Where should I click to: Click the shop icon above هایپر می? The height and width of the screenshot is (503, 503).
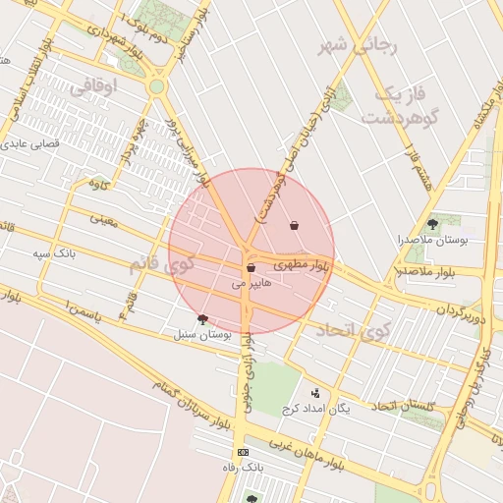pos(251,267)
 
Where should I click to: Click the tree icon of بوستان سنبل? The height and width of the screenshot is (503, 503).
pos(202,318)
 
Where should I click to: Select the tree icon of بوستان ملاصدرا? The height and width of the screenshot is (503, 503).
pos(432,224)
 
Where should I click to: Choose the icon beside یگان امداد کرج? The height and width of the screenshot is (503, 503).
pos(314,393)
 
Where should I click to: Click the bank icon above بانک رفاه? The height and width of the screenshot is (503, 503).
pos(243,452)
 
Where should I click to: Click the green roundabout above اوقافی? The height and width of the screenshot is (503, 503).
pos(156,86)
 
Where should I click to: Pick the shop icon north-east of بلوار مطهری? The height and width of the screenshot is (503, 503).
pos(294,226)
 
